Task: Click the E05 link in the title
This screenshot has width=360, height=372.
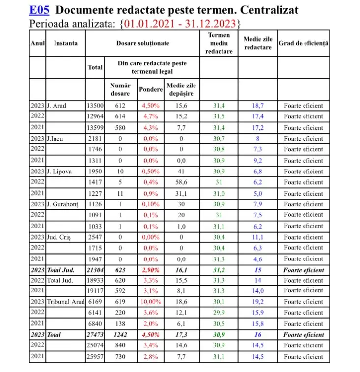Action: coord(39,10)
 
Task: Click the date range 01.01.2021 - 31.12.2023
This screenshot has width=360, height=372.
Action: coord(180,24)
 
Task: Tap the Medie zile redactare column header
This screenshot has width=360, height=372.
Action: coord(257,43)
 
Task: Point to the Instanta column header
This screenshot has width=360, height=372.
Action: coord(65,43)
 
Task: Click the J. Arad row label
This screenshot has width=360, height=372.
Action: coord(56,106)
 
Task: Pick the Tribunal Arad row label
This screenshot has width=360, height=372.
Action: coord(65,302)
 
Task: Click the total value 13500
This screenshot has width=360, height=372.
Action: coord(95,106)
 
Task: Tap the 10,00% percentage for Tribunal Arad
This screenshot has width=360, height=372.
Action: coord(151,302)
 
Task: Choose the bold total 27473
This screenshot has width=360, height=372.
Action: coord(95,335)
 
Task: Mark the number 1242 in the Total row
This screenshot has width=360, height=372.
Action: coord(120,335)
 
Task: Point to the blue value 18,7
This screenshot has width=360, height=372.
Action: coord(257,106)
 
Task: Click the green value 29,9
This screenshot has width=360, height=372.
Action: coord(219,313)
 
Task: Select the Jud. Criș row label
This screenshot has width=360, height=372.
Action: coord(59,237)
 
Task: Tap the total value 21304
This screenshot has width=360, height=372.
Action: coord(95,270)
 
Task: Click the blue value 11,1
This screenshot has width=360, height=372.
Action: coord(257,237)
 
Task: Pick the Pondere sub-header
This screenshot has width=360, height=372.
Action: coord(151,90)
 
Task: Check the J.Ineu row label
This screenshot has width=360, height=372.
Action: coord(55,139)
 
